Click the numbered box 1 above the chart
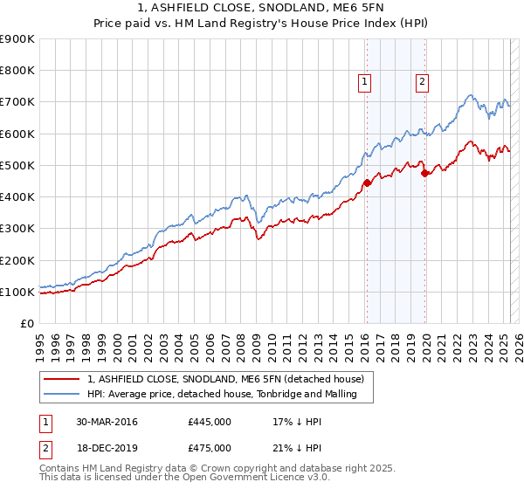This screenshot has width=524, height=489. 364,82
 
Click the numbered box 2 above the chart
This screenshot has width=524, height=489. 422,82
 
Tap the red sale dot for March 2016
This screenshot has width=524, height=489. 367,183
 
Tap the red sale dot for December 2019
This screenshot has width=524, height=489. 424,173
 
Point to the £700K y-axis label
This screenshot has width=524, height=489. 17,102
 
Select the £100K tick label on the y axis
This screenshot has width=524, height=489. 17,292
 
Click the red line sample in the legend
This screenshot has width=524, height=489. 62,378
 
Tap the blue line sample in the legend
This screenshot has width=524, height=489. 62,396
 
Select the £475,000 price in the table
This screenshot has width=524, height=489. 210,448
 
